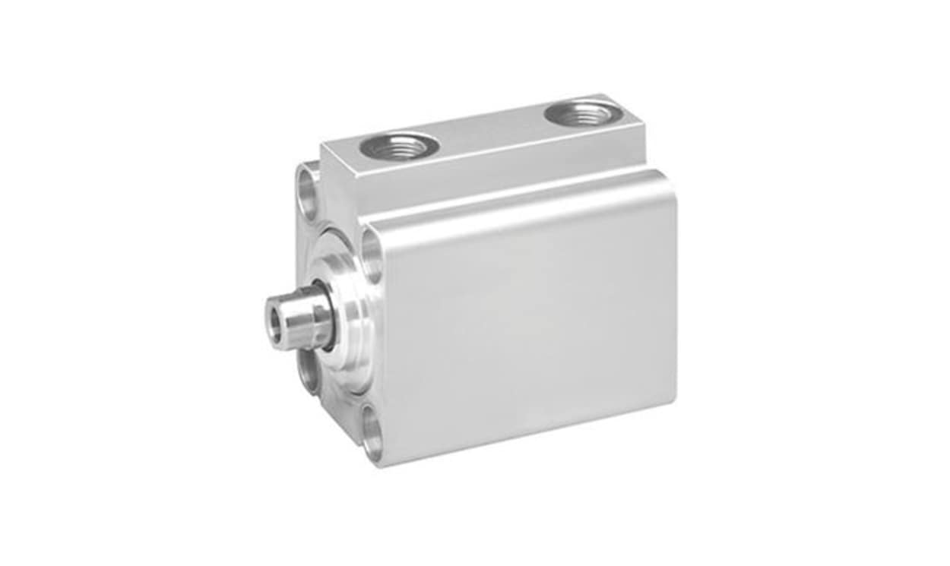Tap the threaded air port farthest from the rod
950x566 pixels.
coord(583,115)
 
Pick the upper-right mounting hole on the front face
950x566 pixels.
coord(372,254)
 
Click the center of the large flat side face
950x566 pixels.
coord(524,319)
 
